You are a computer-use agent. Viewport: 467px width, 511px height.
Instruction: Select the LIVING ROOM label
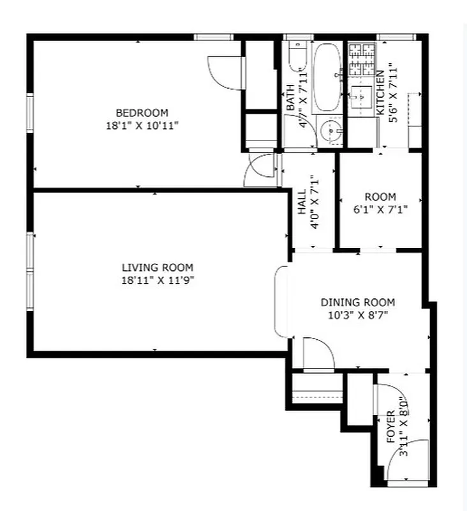tap(158, 268)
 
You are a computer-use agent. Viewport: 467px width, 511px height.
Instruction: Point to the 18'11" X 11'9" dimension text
tap(158, 280)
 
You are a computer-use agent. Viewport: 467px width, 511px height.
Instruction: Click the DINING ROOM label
tap(357, 302)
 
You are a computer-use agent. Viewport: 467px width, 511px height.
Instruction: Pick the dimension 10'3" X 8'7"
tap(357, 315)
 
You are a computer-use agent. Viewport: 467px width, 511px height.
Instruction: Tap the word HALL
tap(302, 202)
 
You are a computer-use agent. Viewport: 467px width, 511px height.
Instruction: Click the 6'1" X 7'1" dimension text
tap(380, 209)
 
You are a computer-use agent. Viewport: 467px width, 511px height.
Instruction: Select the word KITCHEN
tap(380, 92)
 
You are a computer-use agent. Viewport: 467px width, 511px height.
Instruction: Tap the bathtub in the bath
tap(328, 77)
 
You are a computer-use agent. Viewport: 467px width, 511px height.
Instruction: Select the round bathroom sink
tap(330, 132)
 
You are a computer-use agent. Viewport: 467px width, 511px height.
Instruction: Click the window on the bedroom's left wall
tap(29, 112)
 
